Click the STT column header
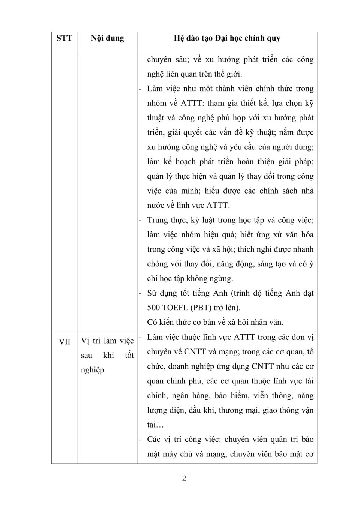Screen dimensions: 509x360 click(x=64, y=38)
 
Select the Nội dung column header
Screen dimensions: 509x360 click(x=107, y=38)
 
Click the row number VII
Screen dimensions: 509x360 click(x=64, y=342)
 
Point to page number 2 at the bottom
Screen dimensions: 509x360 click(x=184, y=479)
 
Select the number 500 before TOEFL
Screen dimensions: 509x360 click(x=154, y=308)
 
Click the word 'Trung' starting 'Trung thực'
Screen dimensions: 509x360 click(x=157, y=220)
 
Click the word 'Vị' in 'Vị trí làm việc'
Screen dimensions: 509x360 click(x=85, y=341)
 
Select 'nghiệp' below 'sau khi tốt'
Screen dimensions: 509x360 click(x=92, y=370)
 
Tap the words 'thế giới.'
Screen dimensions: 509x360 click(x=226, y=74)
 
